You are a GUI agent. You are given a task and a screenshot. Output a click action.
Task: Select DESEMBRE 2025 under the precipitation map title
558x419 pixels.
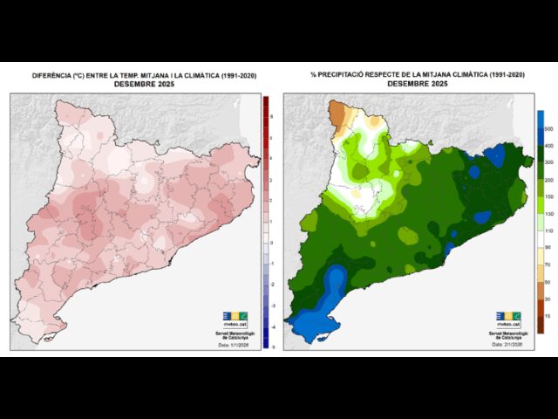pos(417,84)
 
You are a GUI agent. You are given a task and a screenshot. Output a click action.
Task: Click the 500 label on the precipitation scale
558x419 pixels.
pos(548,128)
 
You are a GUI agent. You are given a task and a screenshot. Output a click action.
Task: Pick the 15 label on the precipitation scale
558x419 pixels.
pos(548,316)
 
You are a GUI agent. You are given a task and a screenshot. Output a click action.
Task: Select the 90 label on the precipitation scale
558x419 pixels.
pos(548,248)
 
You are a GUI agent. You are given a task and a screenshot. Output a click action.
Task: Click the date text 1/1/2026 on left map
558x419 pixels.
pos(236,346)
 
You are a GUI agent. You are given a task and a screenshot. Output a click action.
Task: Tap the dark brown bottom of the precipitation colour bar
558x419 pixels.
pos(540,326)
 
